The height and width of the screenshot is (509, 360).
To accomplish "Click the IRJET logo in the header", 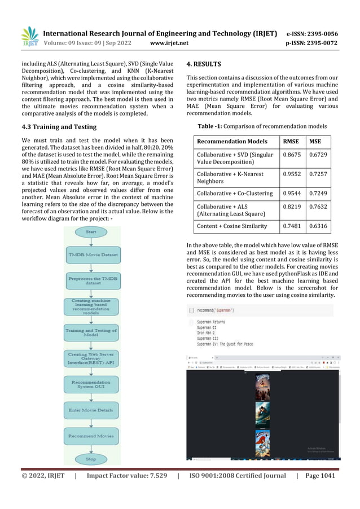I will point(29,36).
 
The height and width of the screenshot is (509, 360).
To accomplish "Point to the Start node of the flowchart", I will point(91,232).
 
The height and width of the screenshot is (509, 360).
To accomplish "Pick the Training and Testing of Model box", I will point(91,332).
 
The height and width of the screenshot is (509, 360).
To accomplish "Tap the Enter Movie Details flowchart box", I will point(91,410).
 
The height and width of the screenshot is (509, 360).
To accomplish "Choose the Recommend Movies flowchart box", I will point(91,436).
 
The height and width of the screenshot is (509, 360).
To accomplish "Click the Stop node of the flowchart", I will point(91,459).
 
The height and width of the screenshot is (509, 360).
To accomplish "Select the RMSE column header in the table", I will point(291,141).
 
